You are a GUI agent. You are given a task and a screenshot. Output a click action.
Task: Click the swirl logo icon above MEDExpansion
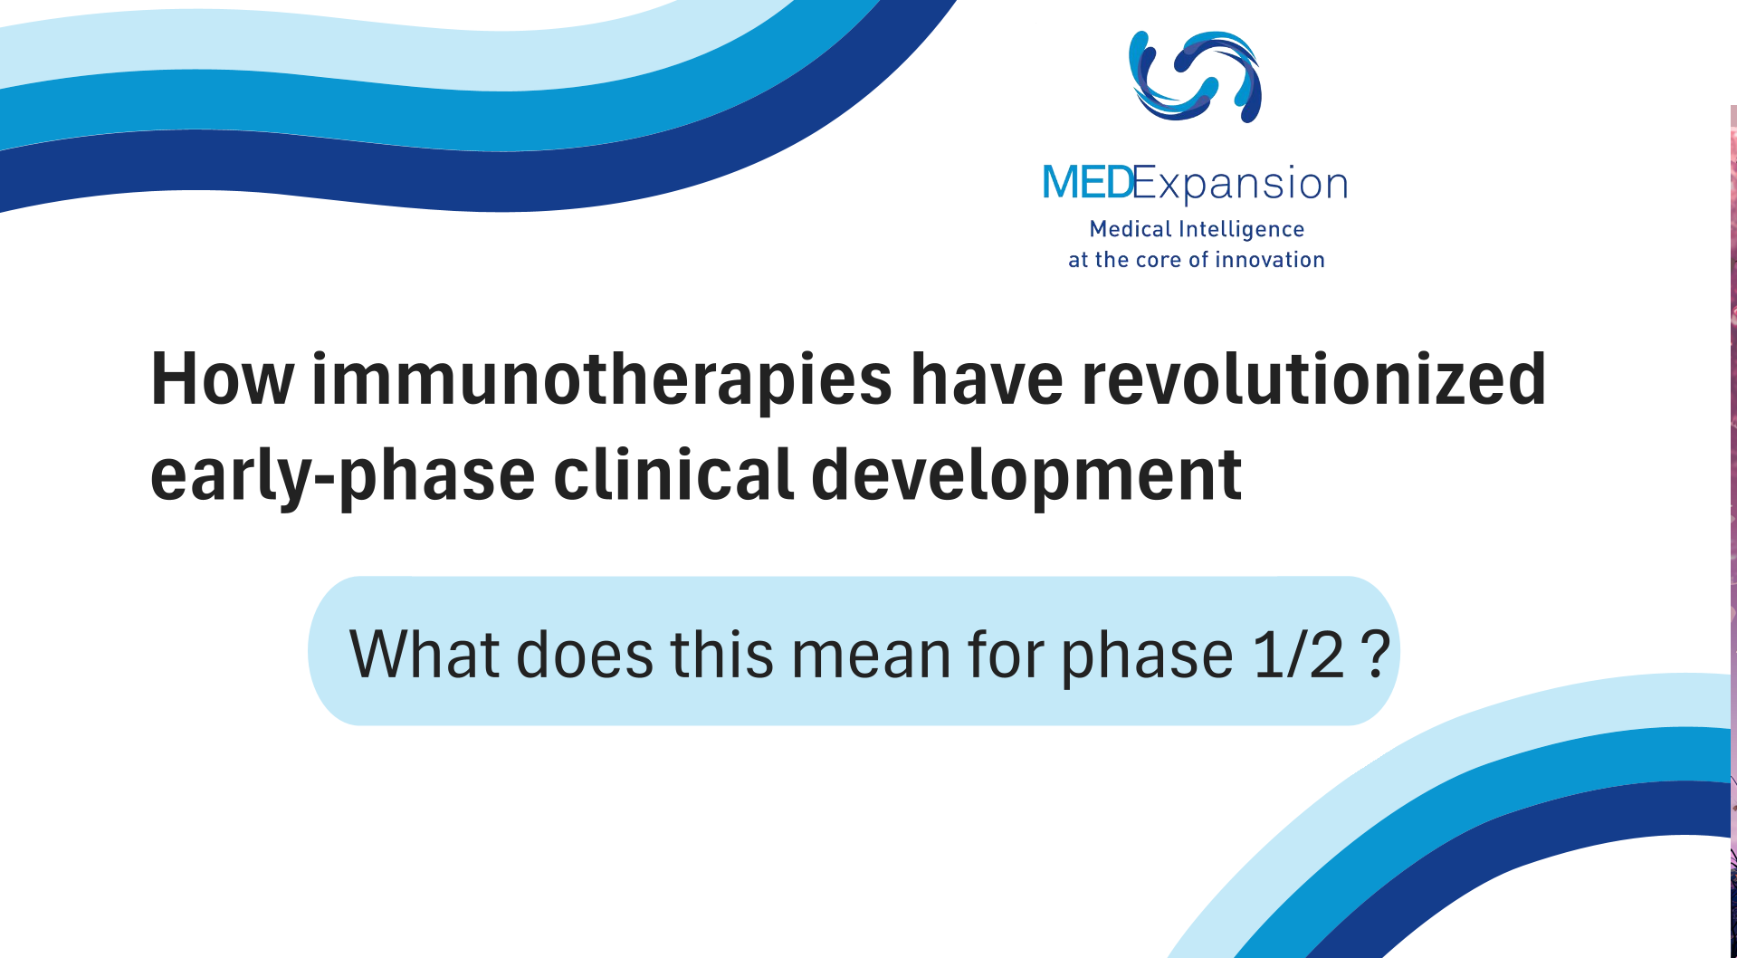tap(1195, 76)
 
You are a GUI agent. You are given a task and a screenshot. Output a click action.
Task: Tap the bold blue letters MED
tap(1087, 183)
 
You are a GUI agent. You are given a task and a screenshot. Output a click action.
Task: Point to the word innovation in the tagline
tap(1270, 260)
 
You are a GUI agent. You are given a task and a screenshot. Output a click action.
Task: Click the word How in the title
tap(223, 379)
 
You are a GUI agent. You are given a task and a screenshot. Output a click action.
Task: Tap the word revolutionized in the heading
tap(1314, 378)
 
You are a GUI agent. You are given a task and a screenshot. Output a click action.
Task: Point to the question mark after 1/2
tap(1375, 653)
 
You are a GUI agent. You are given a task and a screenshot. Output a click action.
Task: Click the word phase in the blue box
tap(1147, 657)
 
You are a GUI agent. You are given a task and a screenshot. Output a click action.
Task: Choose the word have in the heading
tap(987, 379)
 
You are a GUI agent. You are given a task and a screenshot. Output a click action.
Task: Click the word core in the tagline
tap(1159, 261)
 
